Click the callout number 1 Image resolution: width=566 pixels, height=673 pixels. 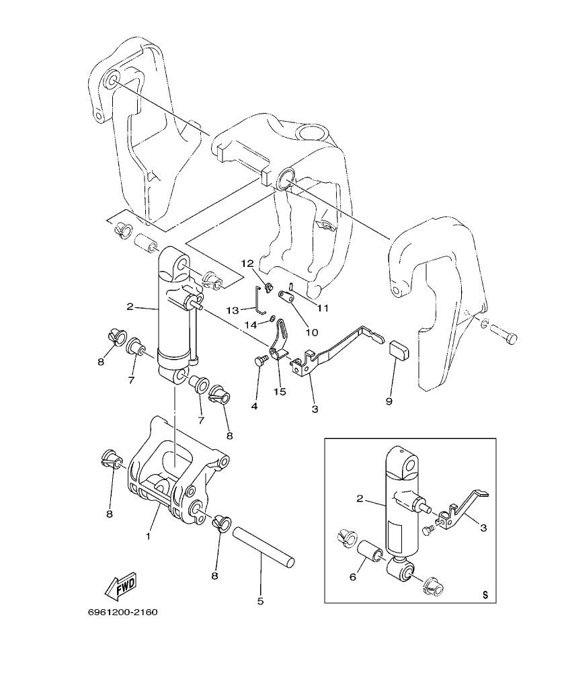(x=149, y=537)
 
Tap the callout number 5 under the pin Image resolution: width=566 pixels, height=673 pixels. (x=260, y=600)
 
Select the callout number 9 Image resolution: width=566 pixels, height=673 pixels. (x=389, y=401)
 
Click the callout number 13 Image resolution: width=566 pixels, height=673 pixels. (x=233, y=310)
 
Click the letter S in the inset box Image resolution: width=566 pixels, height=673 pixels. (x=485, y=594)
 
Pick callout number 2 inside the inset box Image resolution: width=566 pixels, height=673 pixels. (x=360, y=499)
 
